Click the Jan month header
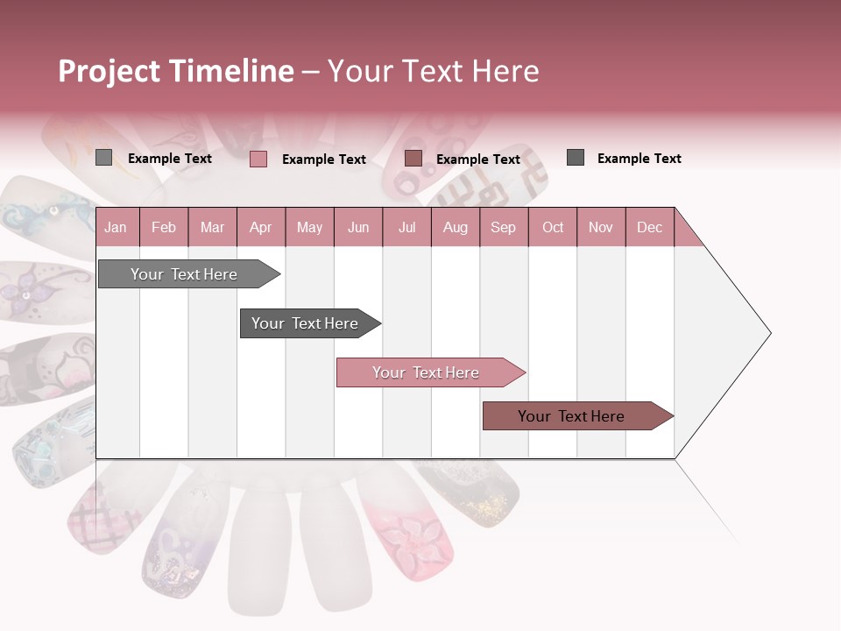[x=116, y=227]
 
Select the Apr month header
[x=260, y=227]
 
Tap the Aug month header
[x=455, y=227]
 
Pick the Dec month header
[x=649, y=227]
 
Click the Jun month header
[x=357, y=227]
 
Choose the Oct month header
[x=553, y=227]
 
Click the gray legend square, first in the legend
[x=103, y=158]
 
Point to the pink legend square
[x=258, y=159]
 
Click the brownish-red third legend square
[x=413, y=159]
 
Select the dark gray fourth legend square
[x=576, y=158]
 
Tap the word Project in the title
[x=109, y=71]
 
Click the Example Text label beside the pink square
[x=323, y=160]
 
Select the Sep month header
[x=503, y=227]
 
